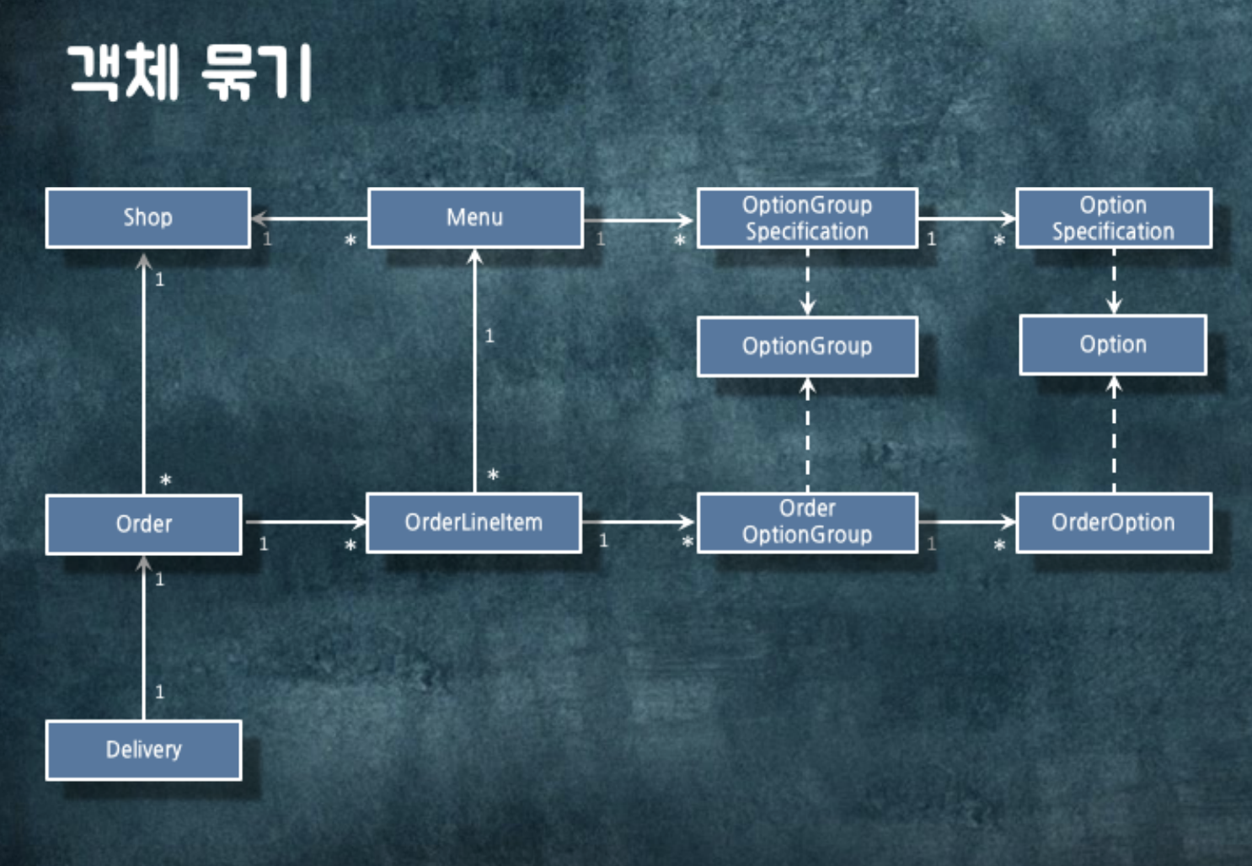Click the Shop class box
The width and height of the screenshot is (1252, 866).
click(147, 218)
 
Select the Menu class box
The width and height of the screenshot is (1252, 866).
click(475, 218)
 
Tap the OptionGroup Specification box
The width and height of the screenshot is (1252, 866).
click(807, 218)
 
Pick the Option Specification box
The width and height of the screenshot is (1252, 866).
click(1113, 218)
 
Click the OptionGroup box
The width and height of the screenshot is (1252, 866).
click(807, 346)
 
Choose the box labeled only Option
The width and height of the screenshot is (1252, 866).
click(1113, 345)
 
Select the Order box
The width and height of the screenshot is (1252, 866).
click(143, 524)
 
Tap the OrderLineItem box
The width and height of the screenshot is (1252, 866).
click(474, 523)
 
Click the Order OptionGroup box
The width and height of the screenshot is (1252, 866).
click(807, 522)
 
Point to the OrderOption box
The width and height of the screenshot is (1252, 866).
click(1113, 523)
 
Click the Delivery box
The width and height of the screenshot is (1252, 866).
click(143, 750)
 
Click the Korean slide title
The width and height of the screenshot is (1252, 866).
click(190, 73)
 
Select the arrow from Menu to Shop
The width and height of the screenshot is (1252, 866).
click(310, 219)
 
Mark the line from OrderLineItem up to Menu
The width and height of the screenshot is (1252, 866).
click(475, 371)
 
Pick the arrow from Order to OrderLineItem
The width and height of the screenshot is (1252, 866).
click(305, 522)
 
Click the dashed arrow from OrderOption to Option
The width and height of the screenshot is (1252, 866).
click(1114, 435)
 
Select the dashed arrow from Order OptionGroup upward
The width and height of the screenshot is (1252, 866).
click(808, 435)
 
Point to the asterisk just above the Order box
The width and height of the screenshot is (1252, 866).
click(165, 481)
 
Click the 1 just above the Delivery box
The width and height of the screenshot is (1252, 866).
click(159, 692)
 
